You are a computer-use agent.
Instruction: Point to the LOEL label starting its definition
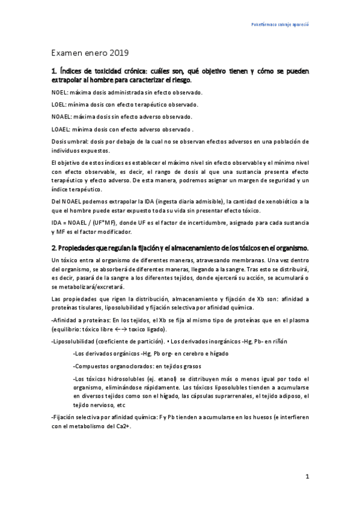[59, 104]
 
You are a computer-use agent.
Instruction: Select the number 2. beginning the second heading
[55, 248]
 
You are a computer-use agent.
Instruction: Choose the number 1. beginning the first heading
[55, 71]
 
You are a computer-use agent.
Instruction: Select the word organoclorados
[131, 366]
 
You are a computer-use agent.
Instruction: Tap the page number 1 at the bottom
[307, 477]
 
